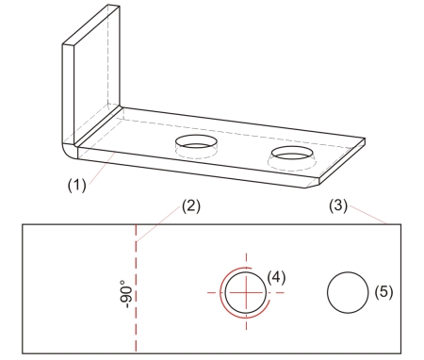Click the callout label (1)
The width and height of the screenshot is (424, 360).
(x=76, y=185)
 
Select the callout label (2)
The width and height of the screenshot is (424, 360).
(x=191, y=206)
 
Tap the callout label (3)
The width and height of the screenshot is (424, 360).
(x=338, y=206)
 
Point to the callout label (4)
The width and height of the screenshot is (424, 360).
(x=276, y=277)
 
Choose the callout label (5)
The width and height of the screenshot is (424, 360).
(x=383, y=292)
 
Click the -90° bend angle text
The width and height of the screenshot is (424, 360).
(x=126, y=294)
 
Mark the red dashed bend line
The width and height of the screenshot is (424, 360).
(x=136, y=288)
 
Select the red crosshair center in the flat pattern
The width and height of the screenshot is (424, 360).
(x=246, y=292)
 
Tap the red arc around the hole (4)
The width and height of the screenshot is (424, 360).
(x=221, y=292)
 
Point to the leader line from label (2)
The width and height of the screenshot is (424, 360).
(x=159, y=223)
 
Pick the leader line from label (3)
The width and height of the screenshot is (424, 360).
(x=367, y=215)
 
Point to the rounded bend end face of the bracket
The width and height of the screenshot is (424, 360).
(x=70, y=151)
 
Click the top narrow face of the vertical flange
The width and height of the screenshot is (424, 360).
(x=91, y=25)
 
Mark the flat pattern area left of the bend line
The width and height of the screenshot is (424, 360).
(x=78, y=288)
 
